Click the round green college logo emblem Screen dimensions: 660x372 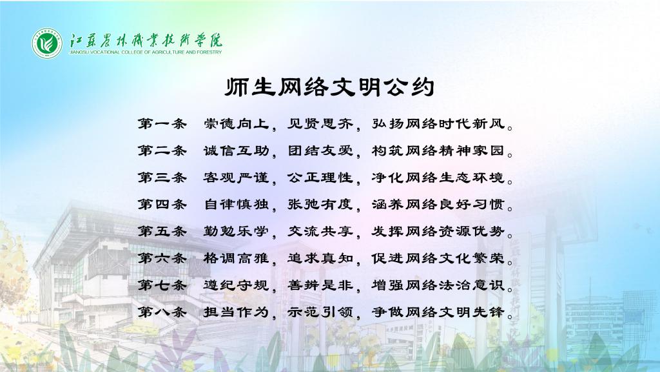point(47,43)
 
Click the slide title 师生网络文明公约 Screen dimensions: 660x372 point(329,87)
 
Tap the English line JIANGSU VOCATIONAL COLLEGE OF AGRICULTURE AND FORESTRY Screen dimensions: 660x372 point(145,52)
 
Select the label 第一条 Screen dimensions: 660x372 point(162,124)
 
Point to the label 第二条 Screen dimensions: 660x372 point(162,150)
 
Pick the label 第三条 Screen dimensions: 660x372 point(162,178)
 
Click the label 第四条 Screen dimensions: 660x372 point(162,205)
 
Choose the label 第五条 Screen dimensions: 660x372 point(162,231)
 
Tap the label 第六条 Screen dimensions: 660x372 point(162,258)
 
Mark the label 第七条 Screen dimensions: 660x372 point(162,285)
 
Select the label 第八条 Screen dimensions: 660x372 point(162,312)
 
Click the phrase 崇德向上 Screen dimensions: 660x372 point(236,124)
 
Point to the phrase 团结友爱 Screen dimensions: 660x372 point(320,150)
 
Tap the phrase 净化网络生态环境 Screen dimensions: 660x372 point(438,178)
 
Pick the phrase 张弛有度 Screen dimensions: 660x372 point(320,205)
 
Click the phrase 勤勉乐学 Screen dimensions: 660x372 point(236,231)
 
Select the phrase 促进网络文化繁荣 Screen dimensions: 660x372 point(438,258)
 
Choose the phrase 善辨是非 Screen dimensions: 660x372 point(320,285)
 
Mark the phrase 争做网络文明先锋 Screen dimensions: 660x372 point(438,312)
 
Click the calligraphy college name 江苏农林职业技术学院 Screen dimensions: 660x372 point(146,40)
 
